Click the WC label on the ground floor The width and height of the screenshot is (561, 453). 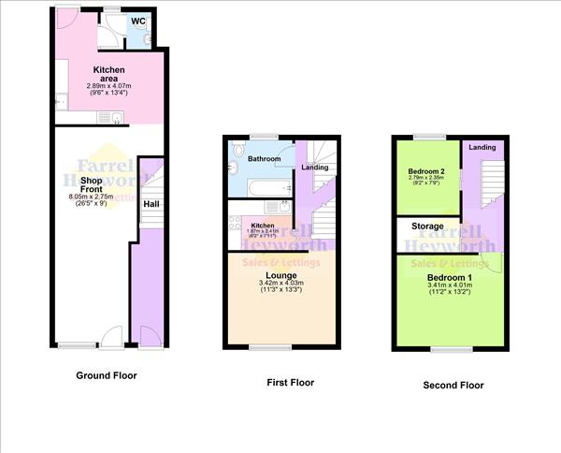click(137, 20)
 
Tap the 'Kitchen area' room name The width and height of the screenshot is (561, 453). click(110, 74)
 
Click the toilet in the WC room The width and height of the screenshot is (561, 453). click(148, 37)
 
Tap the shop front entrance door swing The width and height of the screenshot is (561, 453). click(111, 335)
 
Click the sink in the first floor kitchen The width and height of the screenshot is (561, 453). click(233, 241)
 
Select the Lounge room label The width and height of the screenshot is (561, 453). click(280, 275)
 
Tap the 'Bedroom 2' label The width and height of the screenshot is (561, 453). click(425, 170)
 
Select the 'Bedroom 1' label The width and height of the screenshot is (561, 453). click(449, 279)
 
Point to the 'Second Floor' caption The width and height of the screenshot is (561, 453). click(453, 385)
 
